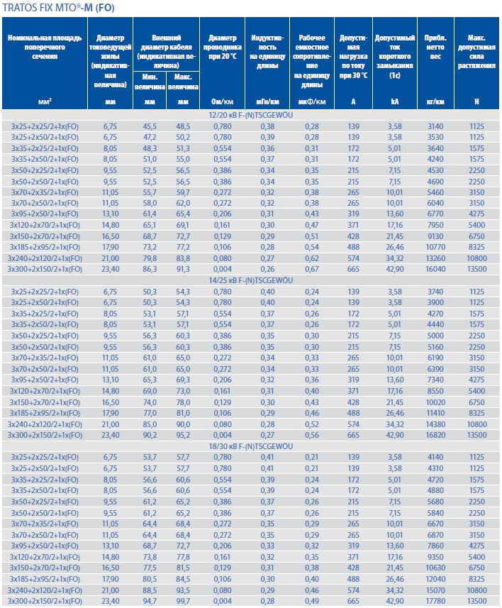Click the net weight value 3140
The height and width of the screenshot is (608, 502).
coord(435,125)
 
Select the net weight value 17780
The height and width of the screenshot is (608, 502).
coord(435,602)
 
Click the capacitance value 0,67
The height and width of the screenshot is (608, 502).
coord(312,269)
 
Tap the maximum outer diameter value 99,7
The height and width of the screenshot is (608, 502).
coord(183,602)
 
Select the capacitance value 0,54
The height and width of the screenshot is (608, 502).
coord(312,247)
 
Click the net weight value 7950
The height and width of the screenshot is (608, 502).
coord(435,225)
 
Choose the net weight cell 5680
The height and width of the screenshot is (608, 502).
coord(435,502)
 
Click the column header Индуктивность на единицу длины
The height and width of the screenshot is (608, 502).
coord(267,50)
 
